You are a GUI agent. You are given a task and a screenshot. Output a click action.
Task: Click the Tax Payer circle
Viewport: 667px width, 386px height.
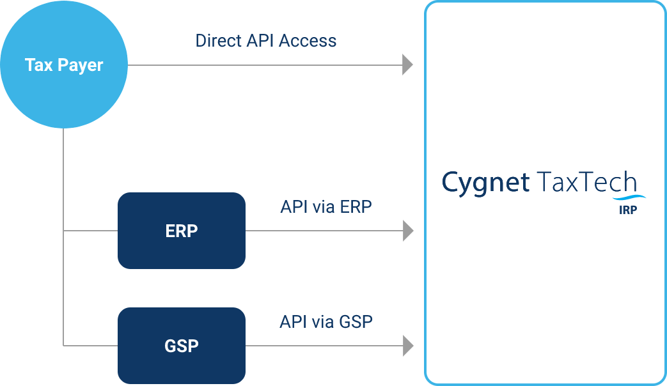click(x=64, y=65)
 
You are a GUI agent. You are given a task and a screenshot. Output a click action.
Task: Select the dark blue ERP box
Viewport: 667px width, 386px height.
click(x=182, y=231)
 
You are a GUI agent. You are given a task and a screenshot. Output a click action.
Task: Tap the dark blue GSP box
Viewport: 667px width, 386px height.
click(x=182, y=346)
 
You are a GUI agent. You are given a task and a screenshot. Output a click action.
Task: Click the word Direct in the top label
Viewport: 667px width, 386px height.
click(x=218, y=41)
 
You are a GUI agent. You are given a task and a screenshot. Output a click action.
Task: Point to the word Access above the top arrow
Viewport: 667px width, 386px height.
click(x=308, y=41)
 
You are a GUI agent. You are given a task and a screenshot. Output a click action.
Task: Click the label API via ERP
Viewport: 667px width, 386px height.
click(x=326, y=206)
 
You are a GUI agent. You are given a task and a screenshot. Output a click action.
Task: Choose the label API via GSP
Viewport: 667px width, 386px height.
click(x=326, y=322)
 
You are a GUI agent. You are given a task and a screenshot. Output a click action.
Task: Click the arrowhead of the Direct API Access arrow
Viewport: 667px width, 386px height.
click(x=407, y=65)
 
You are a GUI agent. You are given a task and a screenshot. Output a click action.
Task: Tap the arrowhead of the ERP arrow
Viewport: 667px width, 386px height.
click(x=408, y=231)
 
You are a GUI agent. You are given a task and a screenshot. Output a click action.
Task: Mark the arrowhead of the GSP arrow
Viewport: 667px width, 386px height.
click(x=408, y=346)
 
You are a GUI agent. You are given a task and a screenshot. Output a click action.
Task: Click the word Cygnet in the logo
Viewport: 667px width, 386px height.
click(x=485, y=183)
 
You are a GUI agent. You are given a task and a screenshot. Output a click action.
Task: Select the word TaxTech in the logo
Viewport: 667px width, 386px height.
click(x=586, y=182)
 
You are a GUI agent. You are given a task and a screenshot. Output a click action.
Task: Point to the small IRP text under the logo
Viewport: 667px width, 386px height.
click(x=628, y=210)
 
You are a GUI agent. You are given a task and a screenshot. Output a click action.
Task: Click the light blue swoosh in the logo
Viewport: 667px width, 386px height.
click(x=629, y=197)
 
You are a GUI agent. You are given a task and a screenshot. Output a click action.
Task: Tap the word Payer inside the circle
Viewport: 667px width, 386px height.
click(x=81, y=65)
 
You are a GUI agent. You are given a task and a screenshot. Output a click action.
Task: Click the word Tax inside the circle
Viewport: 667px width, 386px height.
click(x=39, y=65)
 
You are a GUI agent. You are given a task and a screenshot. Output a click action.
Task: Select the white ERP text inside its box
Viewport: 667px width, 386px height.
click(x=182, y=231)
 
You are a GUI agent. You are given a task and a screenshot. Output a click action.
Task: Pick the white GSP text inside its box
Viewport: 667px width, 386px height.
click(x=182, y=346)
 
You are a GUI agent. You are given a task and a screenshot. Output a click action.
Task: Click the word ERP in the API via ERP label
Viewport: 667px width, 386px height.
click(x=356, y=206)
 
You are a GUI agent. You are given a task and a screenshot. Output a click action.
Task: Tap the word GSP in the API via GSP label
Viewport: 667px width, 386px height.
click(x=356, y=322)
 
